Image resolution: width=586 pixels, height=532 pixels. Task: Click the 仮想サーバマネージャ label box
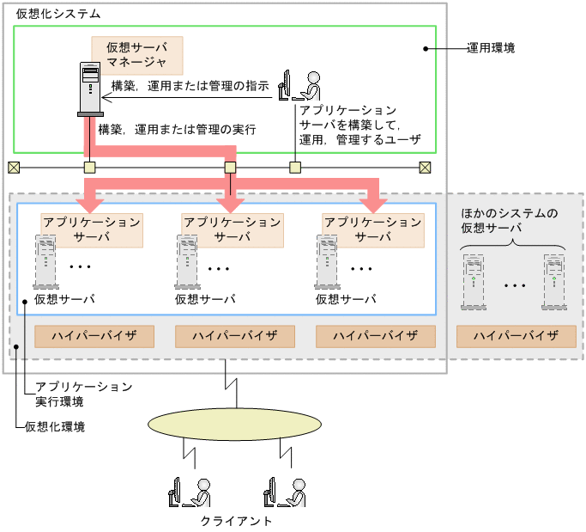coord(137,54)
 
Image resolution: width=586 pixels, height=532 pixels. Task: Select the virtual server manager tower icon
coord(89,89)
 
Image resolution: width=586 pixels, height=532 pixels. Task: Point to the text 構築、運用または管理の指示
coord(190,86)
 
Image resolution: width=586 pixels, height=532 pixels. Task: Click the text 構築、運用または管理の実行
coord(178,129)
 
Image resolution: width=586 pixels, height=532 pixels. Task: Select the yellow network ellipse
coord(231,422)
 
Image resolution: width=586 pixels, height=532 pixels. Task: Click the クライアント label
coord(237,521)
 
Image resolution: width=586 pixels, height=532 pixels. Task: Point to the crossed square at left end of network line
coord(13,167)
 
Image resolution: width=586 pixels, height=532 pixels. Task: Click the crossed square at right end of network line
coord(425,167)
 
